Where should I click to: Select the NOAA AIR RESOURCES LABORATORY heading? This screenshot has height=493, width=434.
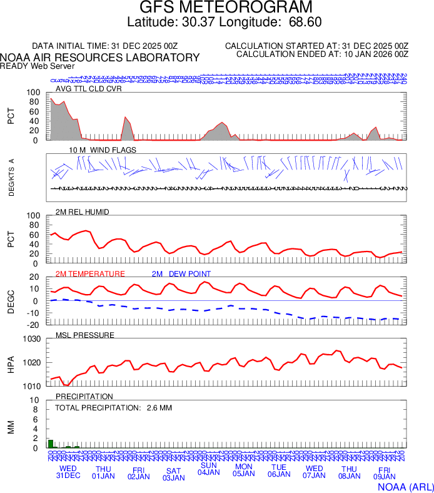(101, 58)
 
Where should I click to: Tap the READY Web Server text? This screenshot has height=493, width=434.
(38, 66)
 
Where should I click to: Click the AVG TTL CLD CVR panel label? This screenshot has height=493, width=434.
(89, 89)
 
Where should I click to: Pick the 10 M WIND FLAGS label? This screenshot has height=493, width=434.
(103, 150)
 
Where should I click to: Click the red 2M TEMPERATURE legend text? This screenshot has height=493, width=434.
(90, 274)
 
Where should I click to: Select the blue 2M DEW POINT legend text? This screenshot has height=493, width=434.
(181, 274)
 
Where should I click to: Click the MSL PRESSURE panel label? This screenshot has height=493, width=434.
(85, 335)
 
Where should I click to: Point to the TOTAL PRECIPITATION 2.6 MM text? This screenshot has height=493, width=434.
(113, 408)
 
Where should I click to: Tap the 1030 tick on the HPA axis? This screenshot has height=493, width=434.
(31, 339)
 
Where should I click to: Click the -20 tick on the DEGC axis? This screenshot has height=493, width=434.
(34, 325)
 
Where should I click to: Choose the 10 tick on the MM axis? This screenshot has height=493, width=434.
(35, 400)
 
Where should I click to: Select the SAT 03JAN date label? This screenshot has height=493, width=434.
(173, 474)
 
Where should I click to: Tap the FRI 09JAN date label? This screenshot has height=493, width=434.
(384, 474)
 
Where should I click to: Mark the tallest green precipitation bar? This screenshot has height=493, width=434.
(51, 444)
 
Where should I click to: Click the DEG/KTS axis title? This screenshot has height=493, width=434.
(12, 178)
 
